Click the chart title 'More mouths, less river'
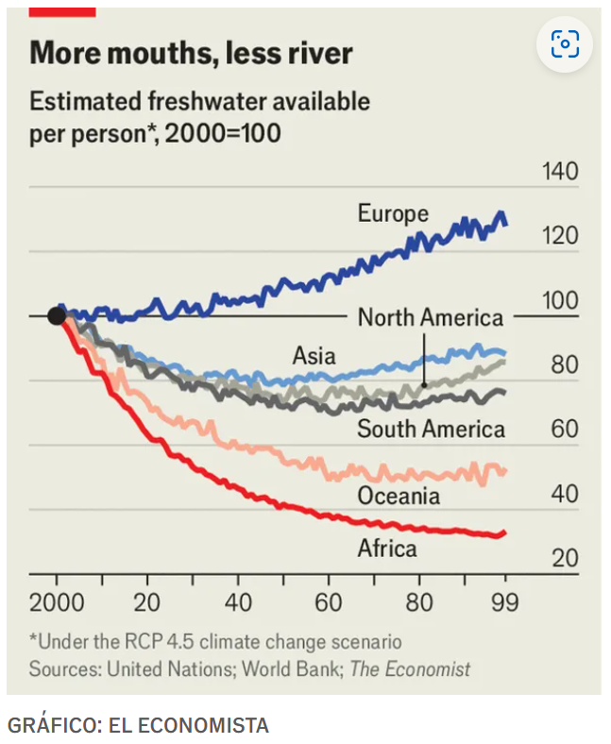coord(191,53)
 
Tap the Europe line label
coord(393,214)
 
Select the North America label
coord(430,318)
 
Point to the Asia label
coord(314,356)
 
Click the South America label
coord(431,431)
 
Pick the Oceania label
coord(399,495)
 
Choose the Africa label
coord(387,548)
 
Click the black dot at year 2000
coord(57,315)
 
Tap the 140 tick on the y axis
coord(560,173)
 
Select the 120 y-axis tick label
coord(560,237)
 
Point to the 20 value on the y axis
coord(565,558)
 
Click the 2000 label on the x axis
coord(57,603)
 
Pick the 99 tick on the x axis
coord(505,603)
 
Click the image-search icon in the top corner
coord(565,43)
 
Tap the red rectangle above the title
coord(62,10)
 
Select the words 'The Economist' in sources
coord(411,669)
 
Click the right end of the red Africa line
coord(504,533)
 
